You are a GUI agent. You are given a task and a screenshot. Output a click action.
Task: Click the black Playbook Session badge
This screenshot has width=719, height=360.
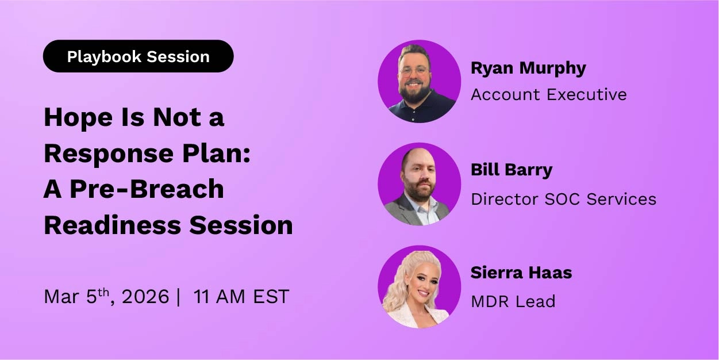pos(138,56)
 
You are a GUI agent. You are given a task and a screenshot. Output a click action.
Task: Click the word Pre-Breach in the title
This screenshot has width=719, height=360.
pos(147,190)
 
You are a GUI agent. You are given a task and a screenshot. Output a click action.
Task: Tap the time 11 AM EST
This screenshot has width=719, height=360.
pos(241,297)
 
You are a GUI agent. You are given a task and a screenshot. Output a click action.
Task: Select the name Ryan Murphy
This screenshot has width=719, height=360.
pos(528,68)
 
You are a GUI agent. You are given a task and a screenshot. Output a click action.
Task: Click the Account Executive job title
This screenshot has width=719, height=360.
pos(548,94)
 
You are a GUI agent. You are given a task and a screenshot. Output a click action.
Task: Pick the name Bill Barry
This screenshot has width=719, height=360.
pos(511,170)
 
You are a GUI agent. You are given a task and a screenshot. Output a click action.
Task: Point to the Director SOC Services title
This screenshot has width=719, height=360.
pos(563,199)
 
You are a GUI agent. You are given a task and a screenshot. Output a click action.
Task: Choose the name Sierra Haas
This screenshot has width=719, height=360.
pos(521,273)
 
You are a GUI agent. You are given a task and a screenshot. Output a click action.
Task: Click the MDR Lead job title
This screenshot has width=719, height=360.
pos(513,301)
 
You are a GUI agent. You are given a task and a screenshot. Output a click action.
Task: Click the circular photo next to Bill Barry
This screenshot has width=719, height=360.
pos(419,184)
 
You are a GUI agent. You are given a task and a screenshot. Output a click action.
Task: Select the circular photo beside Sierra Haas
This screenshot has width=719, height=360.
pos(419,287)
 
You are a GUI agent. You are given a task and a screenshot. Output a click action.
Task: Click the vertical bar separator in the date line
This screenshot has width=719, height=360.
pos(179,297)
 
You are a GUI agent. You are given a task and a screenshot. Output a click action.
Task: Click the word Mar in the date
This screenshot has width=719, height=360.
pos(61,297)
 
